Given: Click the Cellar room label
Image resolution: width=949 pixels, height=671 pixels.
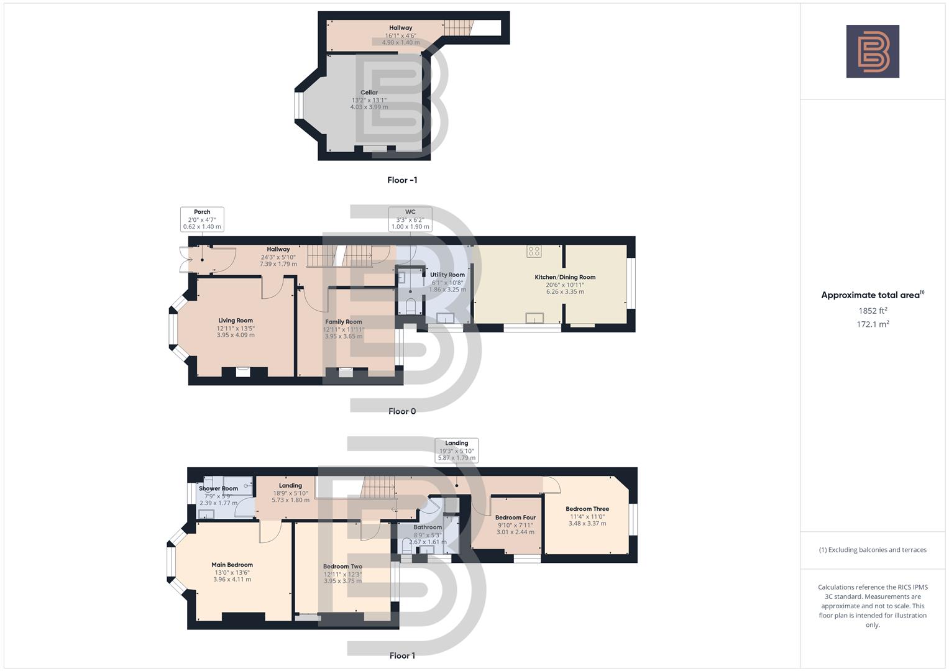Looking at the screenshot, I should point(369,93).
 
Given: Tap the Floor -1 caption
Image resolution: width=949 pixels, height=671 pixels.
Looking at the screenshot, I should point(402,180).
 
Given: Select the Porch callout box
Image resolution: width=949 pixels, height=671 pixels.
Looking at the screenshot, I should point(202,219).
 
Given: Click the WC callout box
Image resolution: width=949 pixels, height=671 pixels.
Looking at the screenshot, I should point(410,219).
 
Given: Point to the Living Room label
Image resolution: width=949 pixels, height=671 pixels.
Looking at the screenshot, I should point(236,321).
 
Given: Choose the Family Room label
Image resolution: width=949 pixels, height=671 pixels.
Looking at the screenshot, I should point(344,322).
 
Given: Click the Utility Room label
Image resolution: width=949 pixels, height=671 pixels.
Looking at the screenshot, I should point(447,275).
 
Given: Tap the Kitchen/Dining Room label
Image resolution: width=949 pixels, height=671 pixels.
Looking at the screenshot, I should point(565,277).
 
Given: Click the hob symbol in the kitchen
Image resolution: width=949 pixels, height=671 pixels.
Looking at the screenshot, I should point(534,251).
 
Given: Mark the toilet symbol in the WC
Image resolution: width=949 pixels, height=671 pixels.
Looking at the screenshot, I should point(410,306).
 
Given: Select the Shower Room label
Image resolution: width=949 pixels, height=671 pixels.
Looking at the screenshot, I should point(218,488).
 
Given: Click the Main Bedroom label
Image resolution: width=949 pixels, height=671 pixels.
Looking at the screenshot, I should point(232,565).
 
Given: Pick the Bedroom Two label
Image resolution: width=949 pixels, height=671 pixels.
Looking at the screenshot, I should point(342,567).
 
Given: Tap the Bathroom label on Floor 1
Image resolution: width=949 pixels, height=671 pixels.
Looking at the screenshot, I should point(428,527).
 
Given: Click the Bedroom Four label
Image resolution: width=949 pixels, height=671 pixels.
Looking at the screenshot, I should point(515,518).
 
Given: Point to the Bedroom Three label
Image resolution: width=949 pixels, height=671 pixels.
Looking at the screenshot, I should point(587,509).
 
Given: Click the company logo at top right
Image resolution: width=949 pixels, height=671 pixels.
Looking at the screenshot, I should point(873,52).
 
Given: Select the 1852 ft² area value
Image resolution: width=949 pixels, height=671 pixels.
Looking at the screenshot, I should point(873,311).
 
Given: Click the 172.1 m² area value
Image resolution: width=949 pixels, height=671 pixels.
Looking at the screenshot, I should point(873,324).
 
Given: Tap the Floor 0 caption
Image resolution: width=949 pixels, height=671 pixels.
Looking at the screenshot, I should point(402,411).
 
